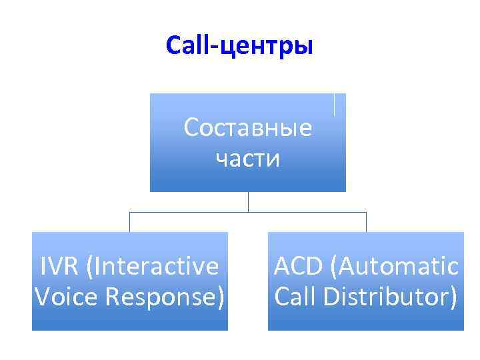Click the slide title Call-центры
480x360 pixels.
coord(239,46)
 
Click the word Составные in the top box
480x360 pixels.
coord(247,127)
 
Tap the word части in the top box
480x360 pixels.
coord(247,159)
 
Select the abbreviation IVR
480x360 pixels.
coord(59,267)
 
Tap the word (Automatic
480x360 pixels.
coord(397,267)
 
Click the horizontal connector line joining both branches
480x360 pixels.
coord(247,212)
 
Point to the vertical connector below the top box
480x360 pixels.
coord(248,202)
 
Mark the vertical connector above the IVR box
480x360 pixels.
coord(129,222)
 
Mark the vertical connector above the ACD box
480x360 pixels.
coord(366,222)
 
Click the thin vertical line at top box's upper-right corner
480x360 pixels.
coord(333,105)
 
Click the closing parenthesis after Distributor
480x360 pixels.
coord(453,296)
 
